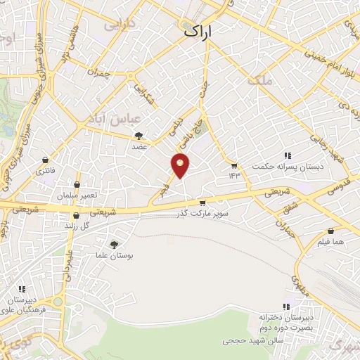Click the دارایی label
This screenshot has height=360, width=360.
[x=120, y=24]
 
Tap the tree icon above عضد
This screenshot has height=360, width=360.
[x=139, y=136]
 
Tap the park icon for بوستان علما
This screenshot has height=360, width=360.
[x=114, y=245]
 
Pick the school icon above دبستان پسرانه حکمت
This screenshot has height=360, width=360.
[x=287, y=155]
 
